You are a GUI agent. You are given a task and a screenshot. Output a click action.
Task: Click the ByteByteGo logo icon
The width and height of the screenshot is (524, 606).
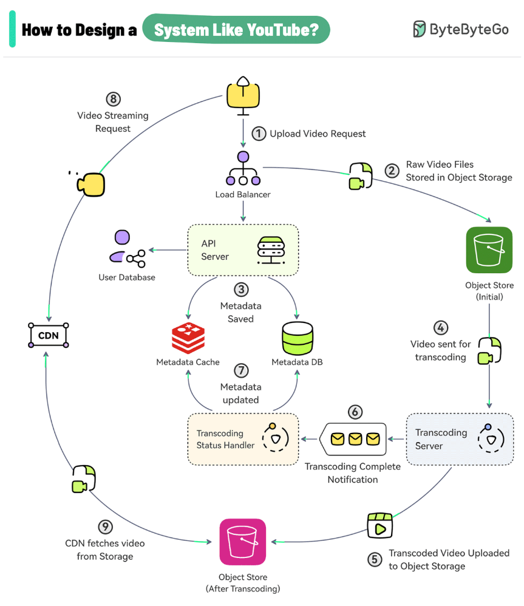click(x=420, y=29)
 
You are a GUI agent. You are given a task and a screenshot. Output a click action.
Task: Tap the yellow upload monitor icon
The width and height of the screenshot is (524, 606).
click(x=243, y=95)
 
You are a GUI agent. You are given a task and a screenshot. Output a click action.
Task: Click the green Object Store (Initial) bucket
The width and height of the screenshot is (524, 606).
click(x=489, y=250)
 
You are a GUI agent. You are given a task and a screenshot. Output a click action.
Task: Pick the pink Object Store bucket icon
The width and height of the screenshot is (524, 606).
click(x=243, y=542)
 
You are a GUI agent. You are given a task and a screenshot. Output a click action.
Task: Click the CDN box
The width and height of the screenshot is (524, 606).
click(x=49, y=335)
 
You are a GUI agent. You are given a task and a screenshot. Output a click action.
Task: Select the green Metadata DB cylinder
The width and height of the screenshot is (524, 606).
click(x=297, y=337)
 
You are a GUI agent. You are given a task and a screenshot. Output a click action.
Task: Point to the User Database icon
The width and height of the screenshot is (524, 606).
click(x=127, y=250)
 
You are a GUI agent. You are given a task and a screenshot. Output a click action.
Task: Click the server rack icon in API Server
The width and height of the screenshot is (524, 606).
click(x=271, y=250)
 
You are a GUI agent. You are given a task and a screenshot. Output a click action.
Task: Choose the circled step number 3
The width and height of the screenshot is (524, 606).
click(x=241, y=290)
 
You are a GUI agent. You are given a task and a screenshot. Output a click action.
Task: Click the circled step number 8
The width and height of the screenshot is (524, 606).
click(x=112, y=99)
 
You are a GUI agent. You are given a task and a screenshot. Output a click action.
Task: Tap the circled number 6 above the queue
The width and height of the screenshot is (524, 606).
click(x=355, y=412)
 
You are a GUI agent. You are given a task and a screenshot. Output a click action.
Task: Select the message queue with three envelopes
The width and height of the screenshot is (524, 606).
click(x=355, y=438)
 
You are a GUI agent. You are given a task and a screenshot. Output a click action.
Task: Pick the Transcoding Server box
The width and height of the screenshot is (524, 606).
click(x=459, y=439)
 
